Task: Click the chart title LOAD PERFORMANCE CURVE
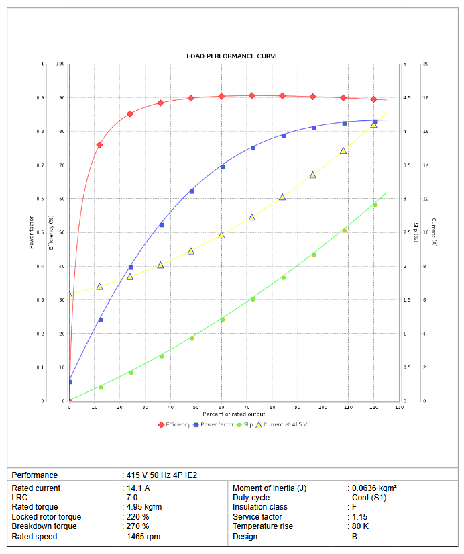[232, 56]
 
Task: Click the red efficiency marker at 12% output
[99, 145]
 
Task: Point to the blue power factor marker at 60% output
[222, 167]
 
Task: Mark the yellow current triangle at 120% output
[373, 124]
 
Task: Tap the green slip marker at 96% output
[313, 255]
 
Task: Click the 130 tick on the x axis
[400, 408]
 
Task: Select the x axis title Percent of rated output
[234, 414]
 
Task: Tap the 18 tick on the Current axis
[425, 98]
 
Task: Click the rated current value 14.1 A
[138, 488]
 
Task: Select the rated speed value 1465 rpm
[143, 537]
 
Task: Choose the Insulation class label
[260, 508]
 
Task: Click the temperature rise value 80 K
[360, 526]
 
